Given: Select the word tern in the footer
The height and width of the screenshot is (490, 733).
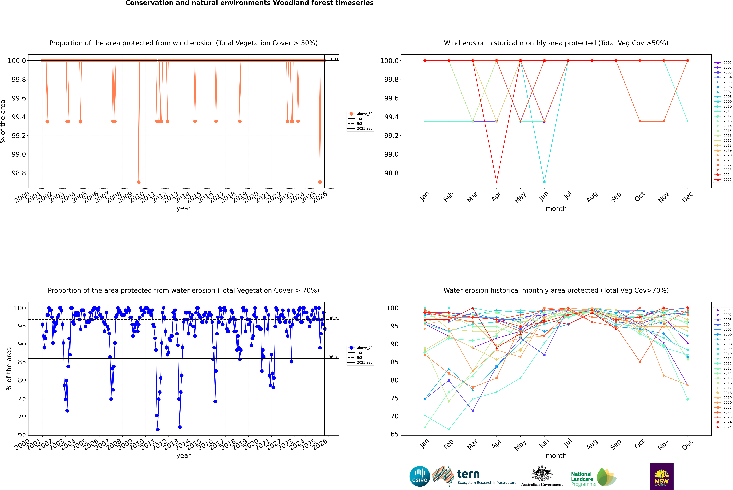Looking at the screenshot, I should click(468, 474).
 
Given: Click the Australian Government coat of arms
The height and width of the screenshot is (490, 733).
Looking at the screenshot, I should click(541, 473).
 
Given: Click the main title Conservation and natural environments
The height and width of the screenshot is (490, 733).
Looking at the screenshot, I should click(249, 3).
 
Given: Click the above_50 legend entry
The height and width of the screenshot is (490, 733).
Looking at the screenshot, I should click(364, 114).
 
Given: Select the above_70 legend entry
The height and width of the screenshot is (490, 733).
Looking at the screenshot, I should click(364, 348).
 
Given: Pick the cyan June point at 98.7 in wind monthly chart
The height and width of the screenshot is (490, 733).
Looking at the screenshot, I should click(544, 182).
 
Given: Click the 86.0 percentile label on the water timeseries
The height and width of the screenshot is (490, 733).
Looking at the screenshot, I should click(333, 357).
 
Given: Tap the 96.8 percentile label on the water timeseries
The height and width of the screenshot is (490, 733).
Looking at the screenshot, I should click(333, 318).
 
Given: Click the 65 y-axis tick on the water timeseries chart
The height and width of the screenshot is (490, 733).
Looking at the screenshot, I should click(22, 434).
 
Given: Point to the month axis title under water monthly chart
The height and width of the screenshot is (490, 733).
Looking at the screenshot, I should click(556, 456).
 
